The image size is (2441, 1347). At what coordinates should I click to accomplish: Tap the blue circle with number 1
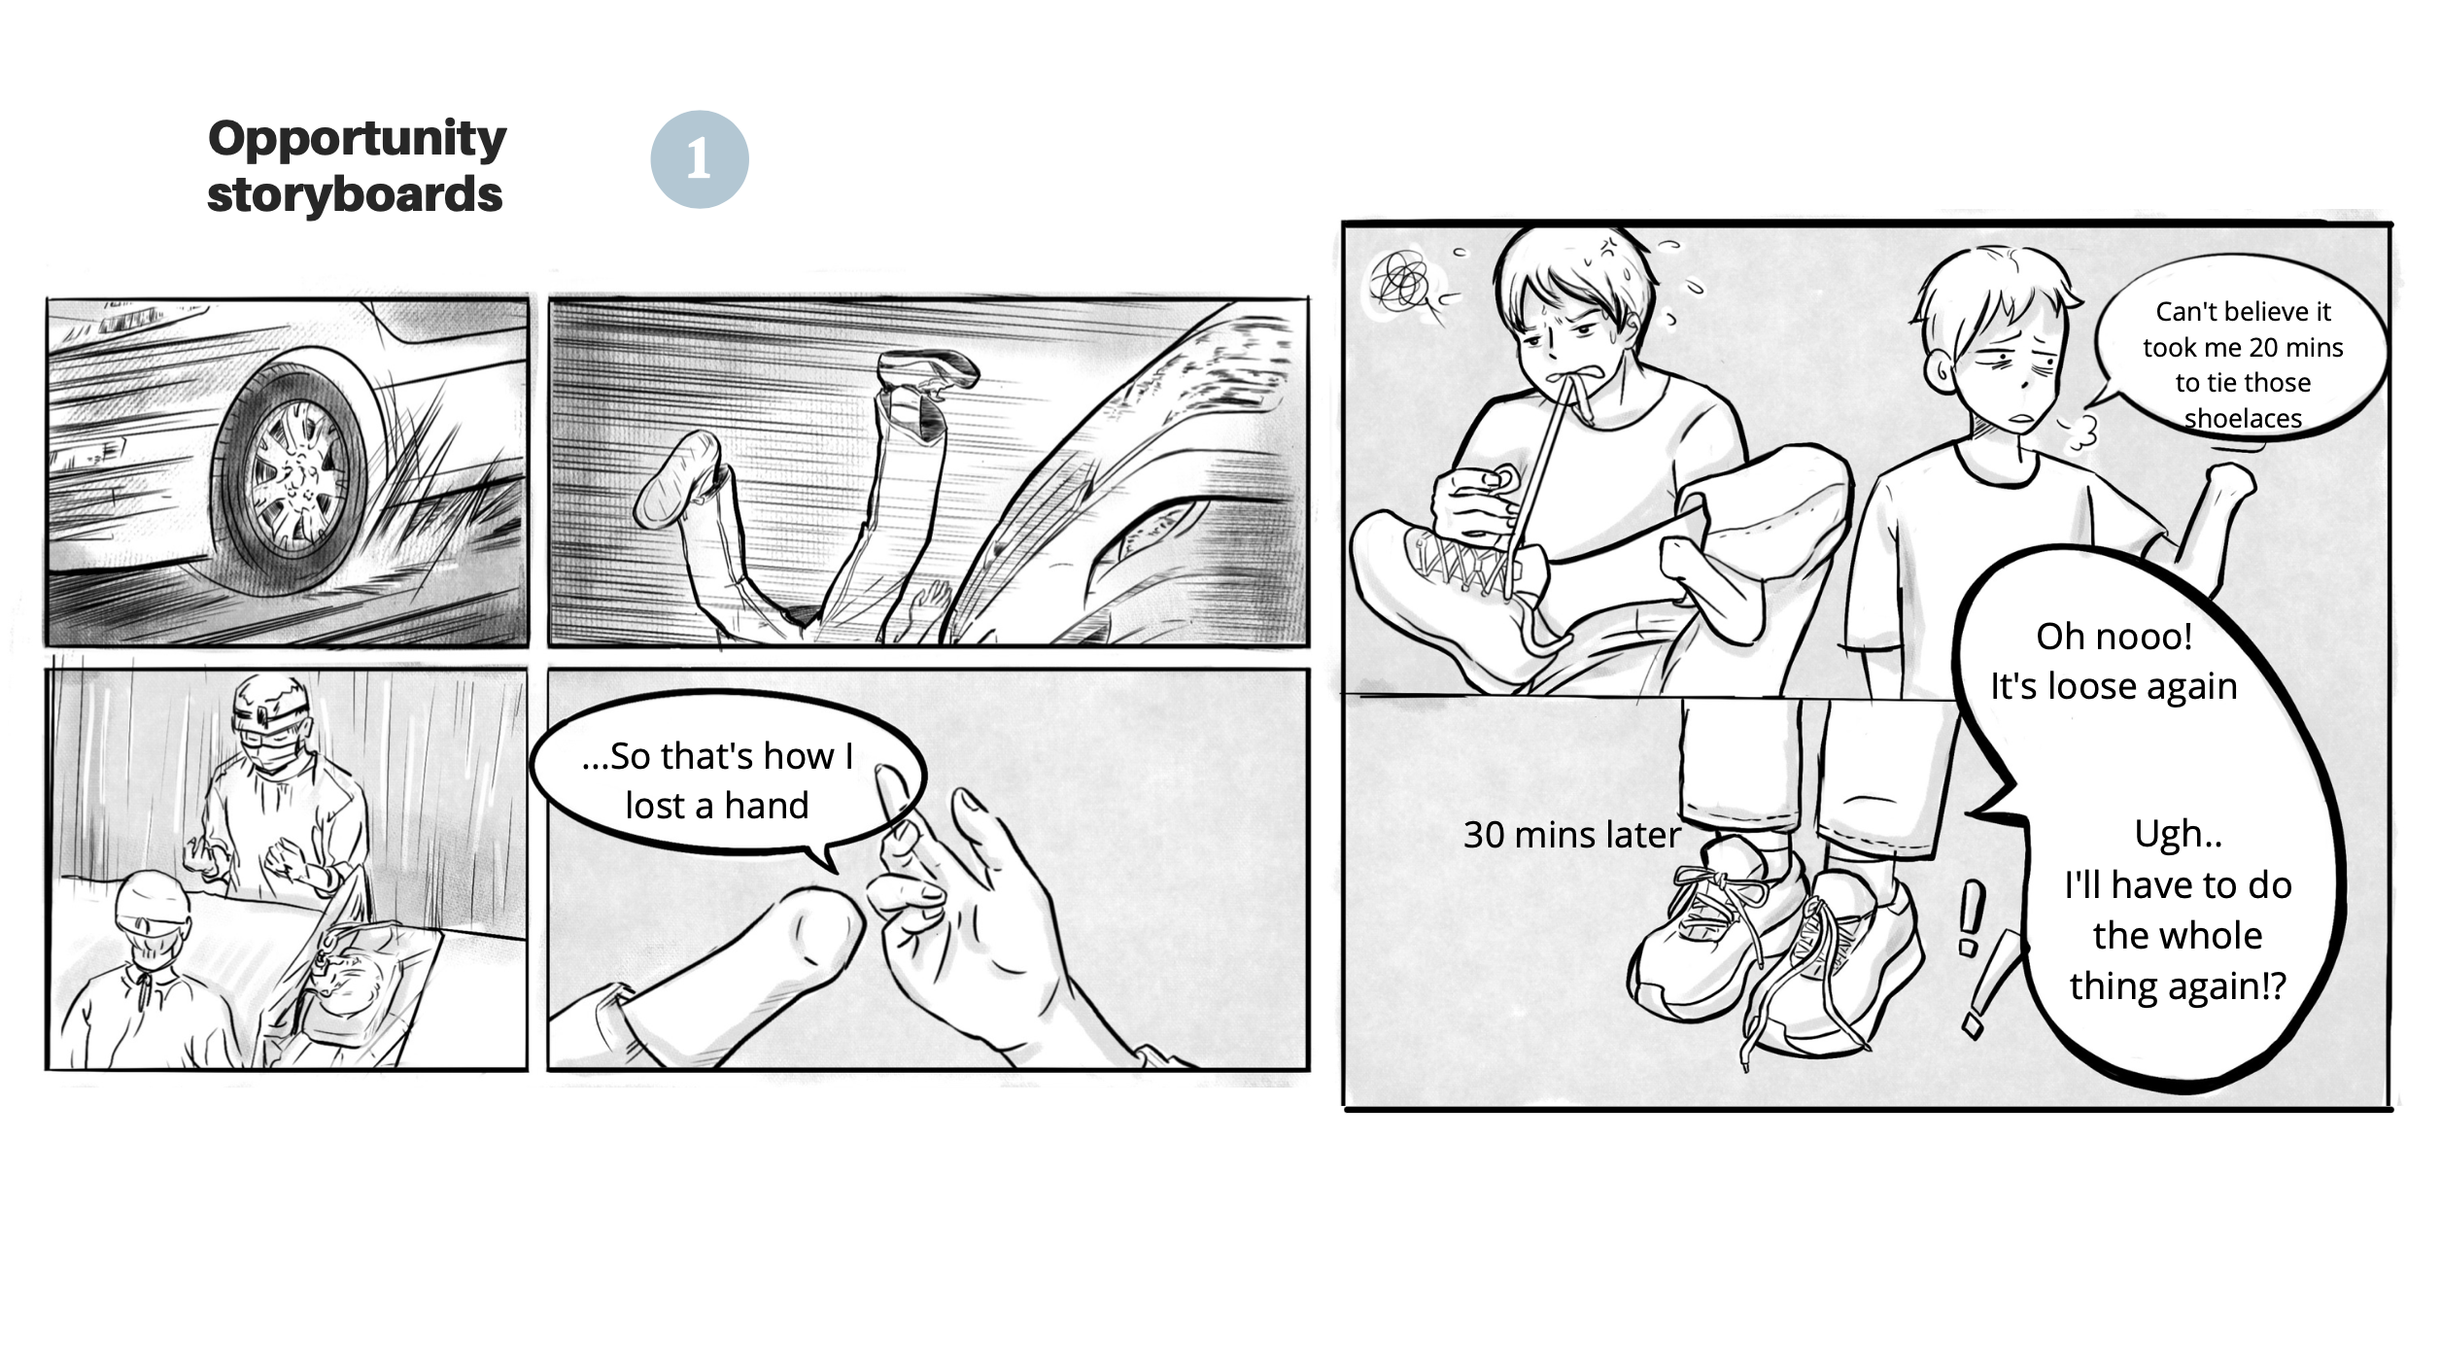(699, 158)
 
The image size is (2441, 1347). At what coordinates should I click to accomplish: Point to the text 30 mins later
(1571, 835)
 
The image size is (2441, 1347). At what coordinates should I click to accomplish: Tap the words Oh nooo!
(2114, 637)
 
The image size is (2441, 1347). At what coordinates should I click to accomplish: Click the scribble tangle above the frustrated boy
(1398, 281)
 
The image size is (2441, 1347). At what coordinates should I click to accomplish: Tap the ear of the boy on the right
(1935, 370)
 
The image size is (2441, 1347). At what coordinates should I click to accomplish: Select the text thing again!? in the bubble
(2178, 986)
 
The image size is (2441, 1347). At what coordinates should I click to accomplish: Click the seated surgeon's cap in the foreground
(151, 899)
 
